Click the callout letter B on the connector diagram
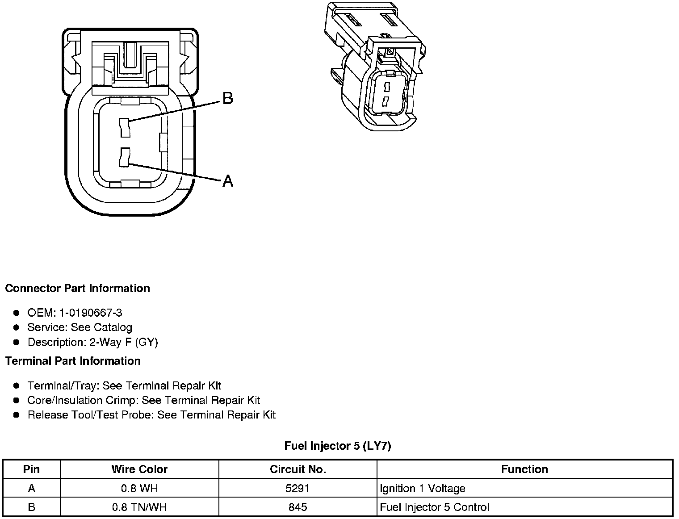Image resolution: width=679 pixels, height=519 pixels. (227, 98)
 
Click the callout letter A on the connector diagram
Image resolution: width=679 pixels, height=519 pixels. (228, 181)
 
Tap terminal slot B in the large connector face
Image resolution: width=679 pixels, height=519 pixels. (125, 128)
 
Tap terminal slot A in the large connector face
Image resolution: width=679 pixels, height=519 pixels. (125, 158)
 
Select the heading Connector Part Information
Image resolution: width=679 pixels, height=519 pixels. (77, 289)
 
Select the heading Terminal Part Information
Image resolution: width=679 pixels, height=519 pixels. (73, 361)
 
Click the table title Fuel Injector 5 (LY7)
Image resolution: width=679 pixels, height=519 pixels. (338, 446)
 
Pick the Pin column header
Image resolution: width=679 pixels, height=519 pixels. (31, 469)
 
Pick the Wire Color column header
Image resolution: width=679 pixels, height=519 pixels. (139, 469)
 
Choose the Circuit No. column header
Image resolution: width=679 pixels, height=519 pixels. (298, 469)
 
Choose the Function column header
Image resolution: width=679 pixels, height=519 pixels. (524, 469)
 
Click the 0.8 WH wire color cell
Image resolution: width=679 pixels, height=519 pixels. (139, 489)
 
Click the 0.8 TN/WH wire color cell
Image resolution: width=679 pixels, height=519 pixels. (139, 507)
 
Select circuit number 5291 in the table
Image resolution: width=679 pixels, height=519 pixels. (298, 489)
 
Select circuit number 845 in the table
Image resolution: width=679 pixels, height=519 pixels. (298, 507)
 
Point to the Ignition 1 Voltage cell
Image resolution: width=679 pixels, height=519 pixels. (423, 489)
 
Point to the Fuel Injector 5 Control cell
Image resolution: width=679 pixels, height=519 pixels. (434, 507)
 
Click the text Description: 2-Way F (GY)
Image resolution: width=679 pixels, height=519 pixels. (93, 343)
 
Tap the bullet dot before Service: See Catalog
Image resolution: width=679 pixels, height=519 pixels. (17, 328)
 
